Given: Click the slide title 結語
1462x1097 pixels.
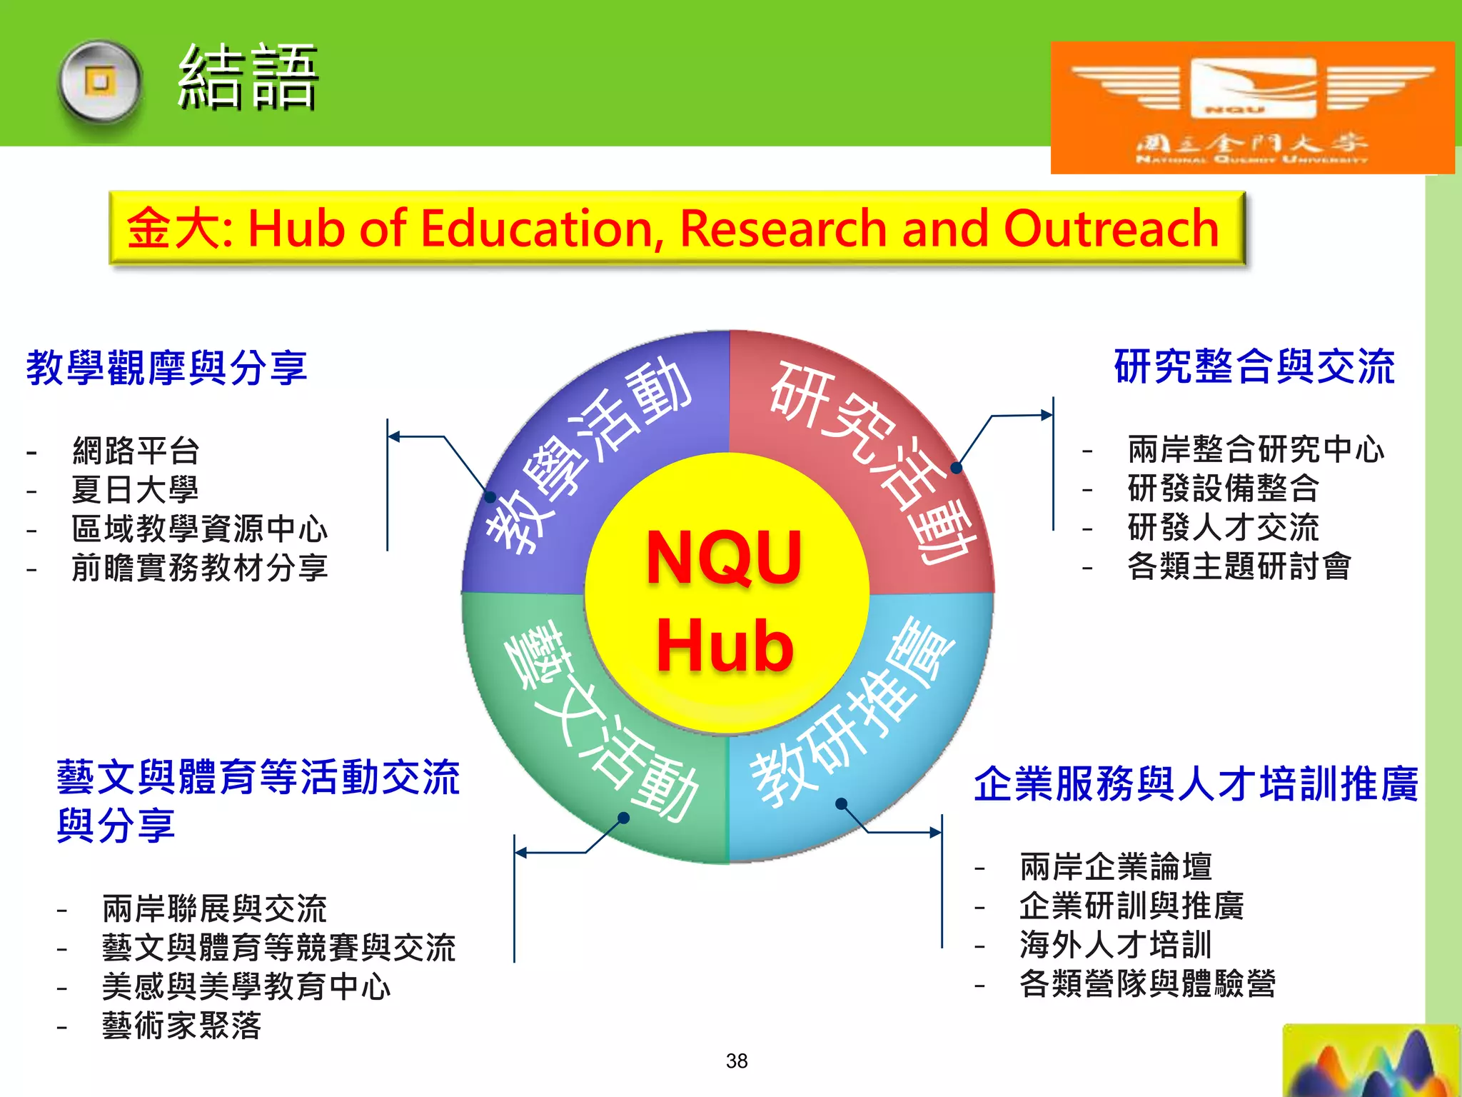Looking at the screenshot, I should (x=247, y=77).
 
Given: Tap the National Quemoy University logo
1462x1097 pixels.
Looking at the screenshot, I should (x=1252, y=107).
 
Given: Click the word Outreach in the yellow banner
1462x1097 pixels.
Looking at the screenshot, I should (x=1111, y=229).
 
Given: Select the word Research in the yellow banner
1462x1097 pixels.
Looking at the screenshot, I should (x=783, y=229).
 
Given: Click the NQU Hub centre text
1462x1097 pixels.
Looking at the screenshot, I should (x=725, y=600).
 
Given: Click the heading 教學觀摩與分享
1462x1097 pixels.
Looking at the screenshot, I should (x=166, y=368).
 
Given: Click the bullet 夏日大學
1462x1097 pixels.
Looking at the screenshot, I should (x=135, y=490).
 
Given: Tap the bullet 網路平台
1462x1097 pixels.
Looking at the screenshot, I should (x=136, y=451).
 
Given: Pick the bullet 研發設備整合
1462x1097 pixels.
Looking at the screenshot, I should (x=1223, y=489).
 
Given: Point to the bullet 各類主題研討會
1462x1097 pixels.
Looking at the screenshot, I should (x=1239, y=566).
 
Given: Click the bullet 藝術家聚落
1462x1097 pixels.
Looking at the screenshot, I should (x=181, y=1026).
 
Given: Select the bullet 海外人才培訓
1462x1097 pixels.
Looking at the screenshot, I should (x=1116, y=945).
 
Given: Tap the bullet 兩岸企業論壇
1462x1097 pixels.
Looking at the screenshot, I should (x=1116, y=867).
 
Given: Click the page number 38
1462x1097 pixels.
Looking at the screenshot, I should (x=737, y=1061).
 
